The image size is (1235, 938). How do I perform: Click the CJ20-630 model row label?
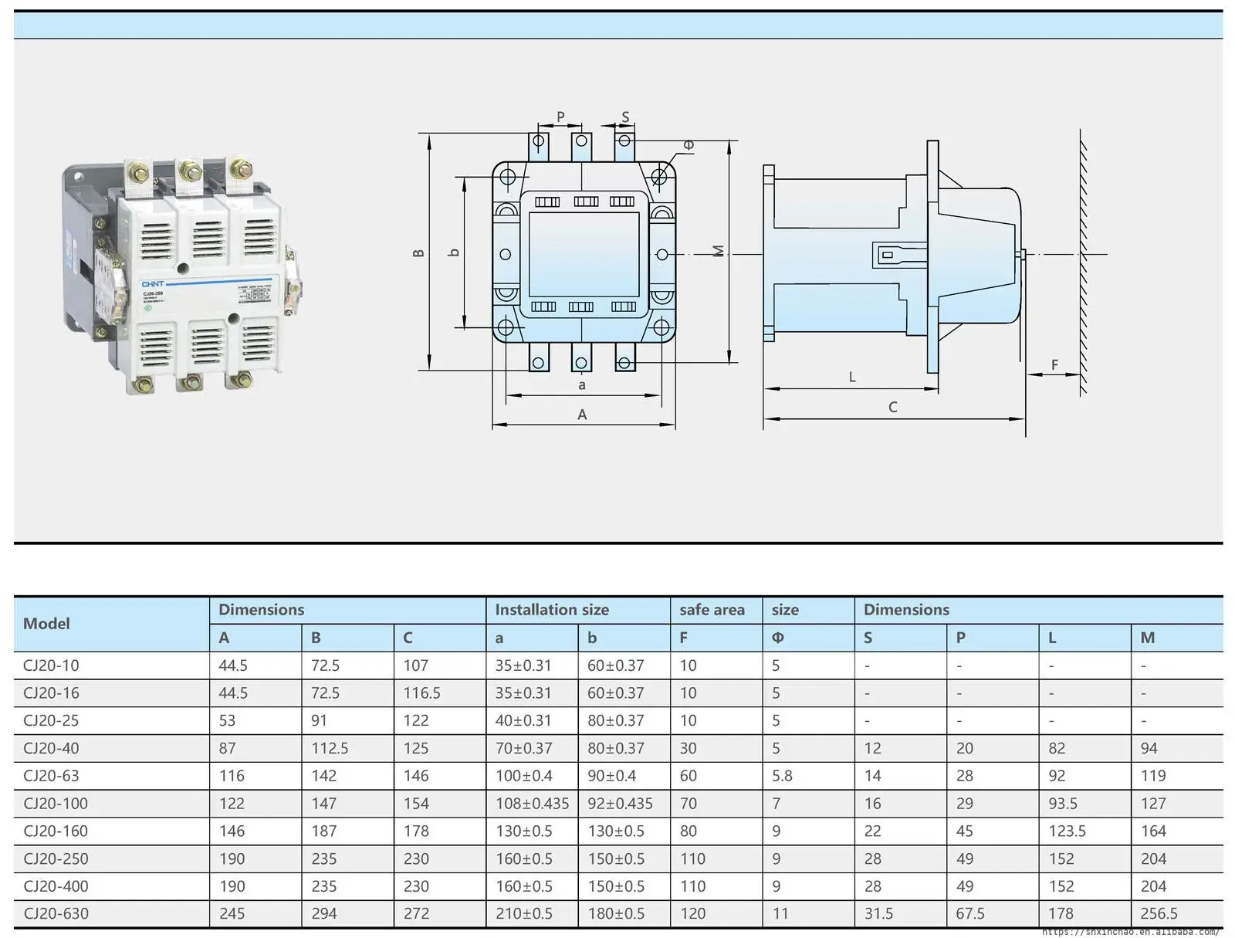coord(56,914)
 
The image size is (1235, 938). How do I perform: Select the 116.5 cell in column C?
coord(421,693)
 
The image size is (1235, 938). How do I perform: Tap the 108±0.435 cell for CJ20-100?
coord(532,804)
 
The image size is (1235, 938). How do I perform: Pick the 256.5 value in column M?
coord(1159,914)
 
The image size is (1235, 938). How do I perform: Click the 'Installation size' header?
coord(552,610)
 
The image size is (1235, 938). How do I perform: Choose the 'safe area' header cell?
coord(712,610)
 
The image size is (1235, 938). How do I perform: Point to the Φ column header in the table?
coord(777,638)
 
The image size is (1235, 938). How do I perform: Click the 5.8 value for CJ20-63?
coord(782,776)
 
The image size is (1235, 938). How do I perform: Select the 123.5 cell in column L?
coord(1067,831)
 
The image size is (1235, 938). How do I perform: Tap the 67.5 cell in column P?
coord(969,914)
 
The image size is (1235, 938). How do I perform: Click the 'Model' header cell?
coord(46,624)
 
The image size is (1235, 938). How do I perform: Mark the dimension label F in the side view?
coord(1054,365)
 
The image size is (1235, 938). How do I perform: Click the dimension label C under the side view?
coord(892,408)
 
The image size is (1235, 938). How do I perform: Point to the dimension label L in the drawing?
coord(852,378)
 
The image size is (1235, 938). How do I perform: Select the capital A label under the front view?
coord(582,415)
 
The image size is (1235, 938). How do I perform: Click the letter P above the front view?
coord(560,117)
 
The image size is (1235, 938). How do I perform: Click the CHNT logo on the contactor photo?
coord(152,284)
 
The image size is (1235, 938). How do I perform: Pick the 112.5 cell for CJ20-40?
coord(330,749)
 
